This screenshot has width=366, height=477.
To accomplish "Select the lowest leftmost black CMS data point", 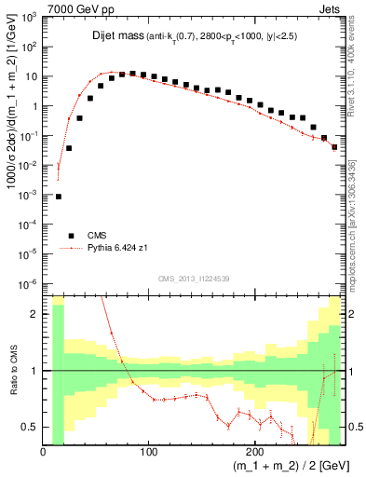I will [x=58, y=197].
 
